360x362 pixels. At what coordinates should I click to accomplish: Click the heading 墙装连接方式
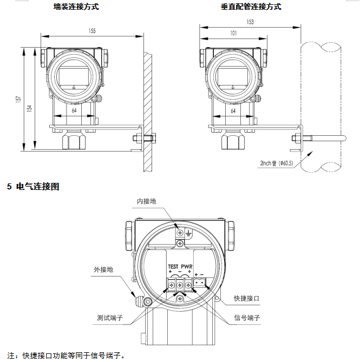(76, 7)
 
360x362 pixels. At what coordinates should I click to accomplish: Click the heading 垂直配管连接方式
(251, 7)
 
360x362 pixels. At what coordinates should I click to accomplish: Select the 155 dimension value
(92, 31)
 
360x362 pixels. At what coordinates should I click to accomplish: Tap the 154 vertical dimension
(29, 108)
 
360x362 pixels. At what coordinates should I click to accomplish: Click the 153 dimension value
(250, 22)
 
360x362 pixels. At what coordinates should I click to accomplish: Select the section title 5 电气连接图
(33, 187)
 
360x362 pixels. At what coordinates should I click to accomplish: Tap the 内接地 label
(146, 201)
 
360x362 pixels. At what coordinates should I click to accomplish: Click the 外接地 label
(103, 269)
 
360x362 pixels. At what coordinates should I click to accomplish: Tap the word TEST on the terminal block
(173, 267)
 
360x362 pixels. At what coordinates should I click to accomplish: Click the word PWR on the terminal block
(187, 267)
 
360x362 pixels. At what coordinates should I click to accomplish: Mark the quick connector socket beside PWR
(200, 282)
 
